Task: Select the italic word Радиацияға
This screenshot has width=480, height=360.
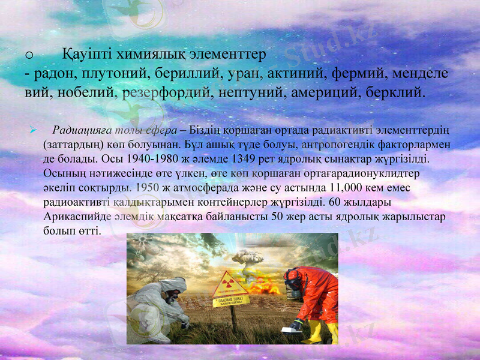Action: point(77,130)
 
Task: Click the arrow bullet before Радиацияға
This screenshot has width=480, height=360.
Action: point(35,130)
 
